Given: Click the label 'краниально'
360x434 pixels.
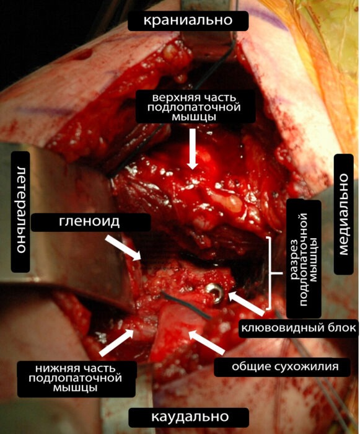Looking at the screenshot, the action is point(188,20).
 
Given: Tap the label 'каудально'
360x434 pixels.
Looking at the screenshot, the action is point(190,417).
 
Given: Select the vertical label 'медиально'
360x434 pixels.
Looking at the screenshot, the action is point(343,215).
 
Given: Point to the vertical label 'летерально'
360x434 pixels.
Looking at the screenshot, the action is point(20,210).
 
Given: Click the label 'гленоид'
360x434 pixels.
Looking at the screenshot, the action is point(89,222).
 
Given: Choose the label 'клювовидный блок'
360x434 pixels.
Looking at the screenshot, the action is point(299,328).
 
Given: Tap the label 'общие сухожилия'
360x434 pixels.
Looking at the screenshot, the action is point(285,366).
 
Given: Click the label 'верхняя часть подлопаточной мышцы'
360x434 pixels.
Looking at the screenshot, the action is point(194,107).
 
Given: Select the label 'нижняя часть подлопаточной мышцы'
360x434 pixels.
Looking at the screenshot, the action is point(75,378).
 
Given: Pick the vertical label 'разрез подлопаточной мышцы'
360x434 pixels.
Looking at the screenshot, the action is point(304,259).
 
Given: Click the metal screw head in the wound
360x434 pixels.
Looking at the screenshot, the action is point(215,292).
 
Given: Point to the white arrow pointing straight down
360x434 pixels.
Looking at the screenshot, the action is point(193,149).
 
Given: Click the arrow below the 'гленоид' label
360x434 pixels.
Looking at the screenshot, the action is point(124,248).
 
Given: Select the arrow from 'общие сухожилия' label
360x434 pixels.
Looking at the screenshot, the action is point(207,342).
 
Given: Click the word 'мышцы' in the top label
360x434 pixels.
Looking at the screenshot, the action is point(194,117).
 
